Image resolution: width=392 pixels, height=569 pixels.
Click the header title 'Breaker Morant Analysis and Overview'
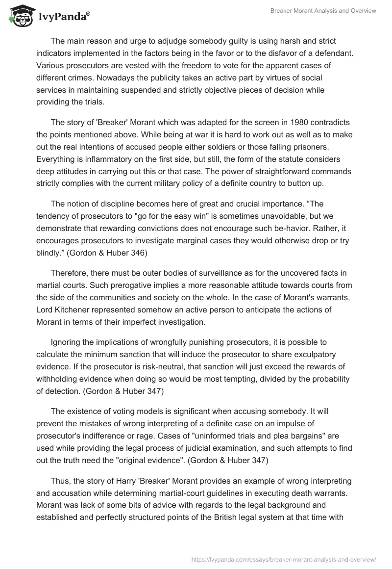323,11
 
